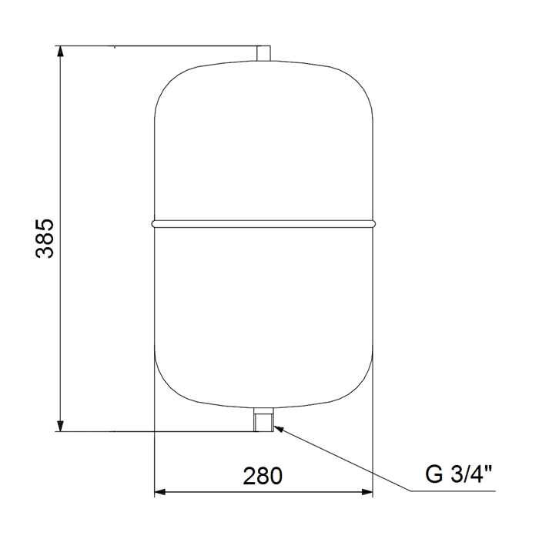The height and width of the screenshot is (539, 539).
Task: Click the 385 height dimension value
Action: (x=45, y=238)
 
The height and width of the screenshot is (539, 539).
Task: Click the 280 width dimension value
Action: (x=263, y=476)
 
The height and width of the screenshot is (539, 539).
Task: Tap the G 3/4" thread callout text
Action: (x=459, y=474)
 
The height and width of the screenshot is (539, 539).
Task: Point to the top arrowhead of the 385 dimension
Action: (x=61, y=51)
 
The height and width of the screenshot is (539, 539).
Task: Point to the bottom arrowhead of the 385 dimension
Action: (x=61, y=426)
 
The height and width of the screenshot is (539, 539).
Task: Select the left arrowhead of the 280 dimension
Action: (x=160, y=492)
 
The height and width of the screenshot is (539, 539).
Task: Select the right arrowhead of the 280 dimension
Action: (x=367, y=492)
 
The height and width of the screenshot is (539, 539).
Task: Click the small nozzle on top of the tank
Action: (x=263, y=53)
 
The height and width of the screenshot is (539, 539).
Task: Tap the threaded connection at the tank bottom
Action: (x=263, y=420)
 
